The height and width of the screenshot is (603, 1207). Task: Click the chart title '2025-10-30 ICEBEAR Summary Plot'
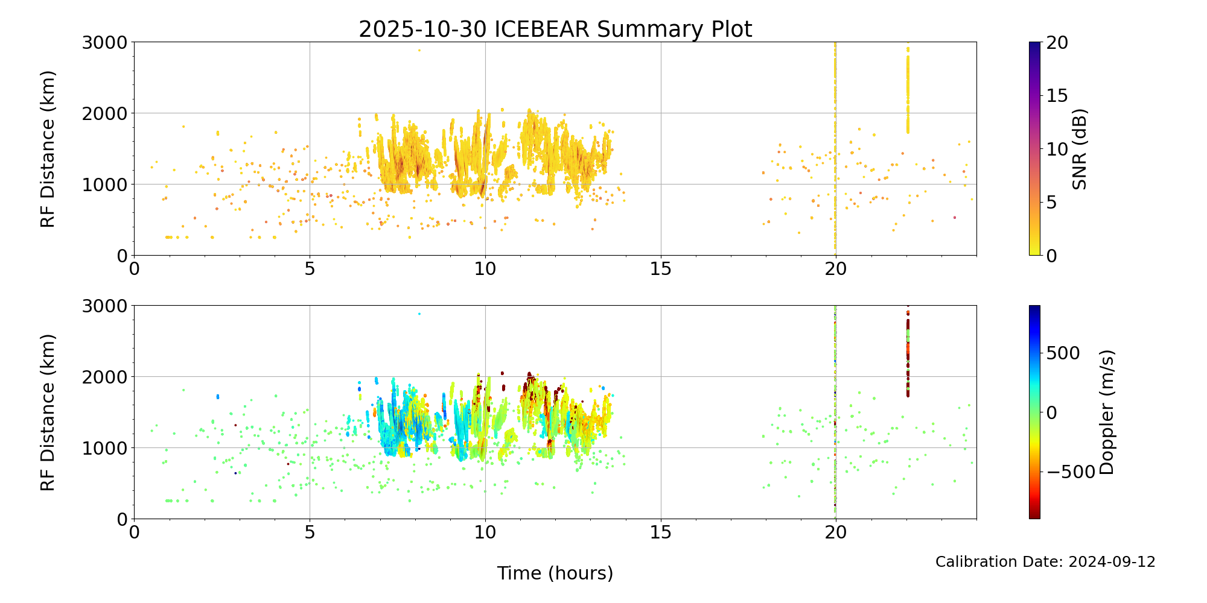click(x=555, y=29)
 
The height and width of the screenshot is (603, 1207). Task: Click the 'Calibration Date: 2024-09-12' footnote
click(x=1045, y=562)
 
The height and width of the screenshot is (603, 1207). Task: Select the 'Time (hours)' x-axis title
click(x=555, y=573)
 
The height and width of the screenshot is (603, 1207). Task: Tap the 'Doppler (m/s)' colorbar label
click(x=1107, y=412)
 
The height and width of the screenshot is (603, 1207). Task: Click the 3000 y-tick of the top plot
click(x=105, y=42)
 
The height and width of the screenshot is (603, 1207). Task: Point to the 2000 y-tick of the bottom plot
click(x=105, y=377)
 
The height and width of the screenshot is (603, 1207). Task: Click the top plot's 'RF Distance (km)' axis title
click(x=48, y=149)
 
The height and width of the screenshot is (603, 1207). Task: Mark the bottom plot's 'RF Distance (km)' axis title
click(x=48, y=412)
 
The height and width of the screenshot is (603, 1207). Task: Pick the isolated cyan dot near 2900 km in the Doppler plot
click(x=419, y=314)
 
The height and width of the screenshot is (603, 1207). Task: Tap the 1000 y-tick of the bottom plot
click(x=105, y=448)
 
